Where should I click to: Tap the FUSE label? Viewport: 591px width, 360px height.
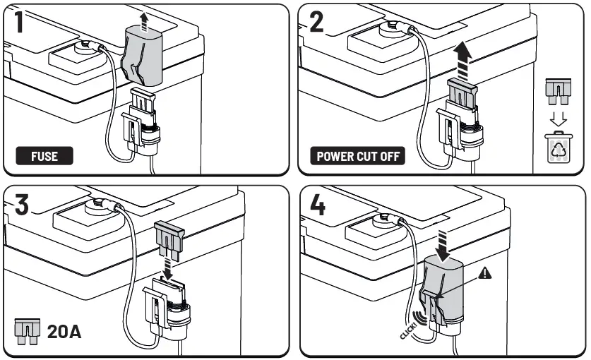44,156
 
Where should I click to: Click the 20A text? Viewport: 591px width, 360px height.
64,330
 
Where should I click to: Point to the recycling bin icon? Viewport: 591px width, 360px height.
559,147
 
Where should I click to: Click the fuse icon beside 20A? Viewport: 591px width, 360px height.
27,330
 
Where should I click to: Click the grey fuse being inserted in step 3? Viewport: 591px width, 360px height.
169,236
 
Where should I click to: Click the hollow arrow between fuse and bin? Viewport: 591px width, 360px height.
559,117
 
